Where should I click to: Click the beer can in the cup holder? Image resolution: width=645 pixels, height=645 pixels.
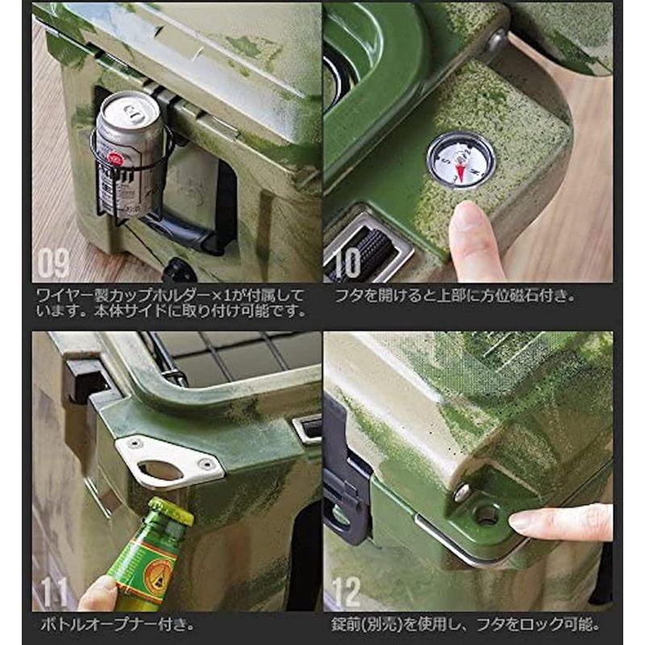[x=130, y=153]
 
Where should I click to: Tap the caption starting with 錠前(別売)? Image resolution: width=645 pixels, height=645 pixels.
[x=468, y=624]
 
